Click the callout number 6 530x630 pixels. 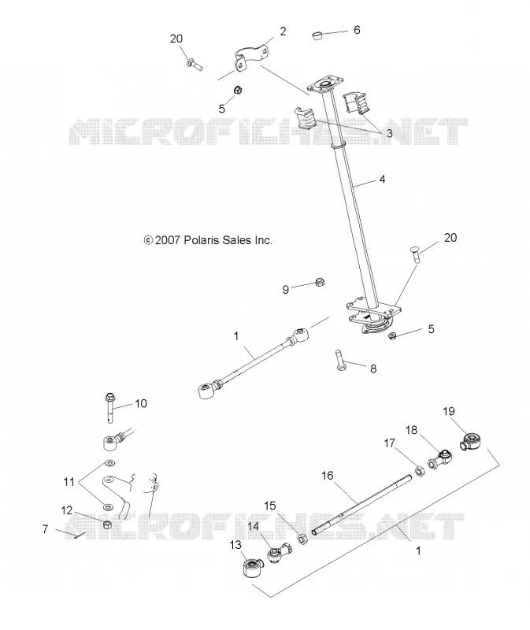click(x=357, y=30)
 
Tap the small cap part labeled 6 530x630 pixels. click(x=317, y=35)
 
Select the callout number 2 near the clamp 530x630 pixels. click(x=283, y=31)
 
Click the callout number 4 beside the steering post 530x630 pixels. click(x=382, y=180)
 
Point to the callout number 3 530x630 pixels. click(x=389, y=133)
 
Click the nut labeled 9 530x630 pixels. click(x=320, y=282)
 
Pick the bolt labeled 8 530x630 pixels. click(x=339, y=361)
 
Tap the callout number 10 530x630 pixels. click(x=141, y=403)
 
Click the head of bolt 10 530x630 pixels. click(x=109, y=398)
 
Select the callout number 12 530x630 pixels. click(x=67, y=510)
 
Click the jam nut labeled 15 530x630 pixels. click(x=303, y=539)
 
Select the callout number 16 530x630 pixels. click(x=328, y=476)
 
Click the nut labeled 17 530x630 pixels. click(x=420, y=470)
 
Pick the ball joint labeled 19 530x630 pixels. click(x=472, y=442)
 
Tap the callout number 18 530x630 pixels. click(x=411, y=430)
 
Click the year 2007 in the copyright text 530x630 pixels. click(x=168, y=240)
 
